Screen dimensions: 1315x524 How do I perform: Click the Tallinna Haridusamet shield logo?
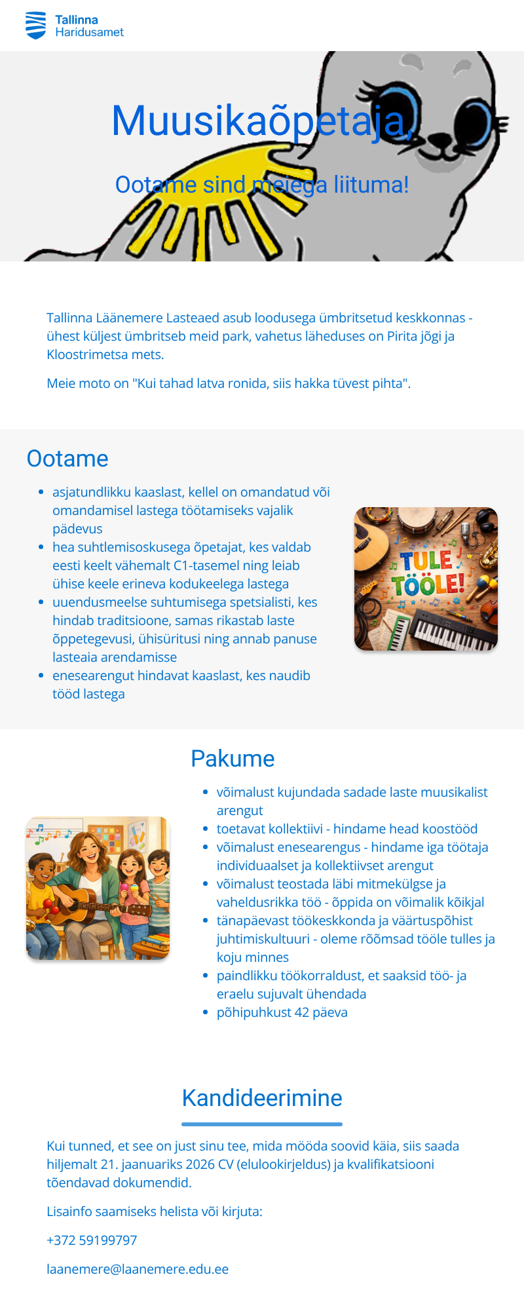tap(35, 25)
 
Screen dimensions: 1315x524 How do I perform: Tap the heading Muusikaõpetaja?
tap(262, 121)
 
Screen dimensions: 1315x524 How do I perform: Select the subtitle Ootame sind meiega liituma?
tap(262, 185)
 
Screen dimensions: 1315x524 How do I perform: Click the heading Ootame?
tap(67, 459)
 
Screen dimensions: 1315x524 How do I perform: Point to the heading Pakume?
tap(233, 759)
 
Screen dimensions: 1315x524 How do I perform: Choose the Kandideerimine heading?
tap(262, 1098)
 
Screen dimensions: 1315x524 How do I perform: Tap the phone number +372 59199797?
tap(92, 1240)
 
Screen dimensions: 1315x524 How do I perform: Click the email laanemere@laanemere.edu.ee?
tap(138, 1269)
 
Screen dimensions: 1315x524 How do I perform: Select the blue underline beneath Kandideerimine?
tap(262, 1124)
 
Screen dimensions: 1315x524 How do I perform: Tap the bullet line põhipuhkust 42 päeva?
tap(282, 1012)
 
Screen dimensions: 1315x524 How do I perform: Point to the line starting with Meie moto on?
tap(229, 383)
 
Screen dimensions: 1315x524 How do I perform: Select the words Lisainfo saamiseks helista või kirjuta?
tap(154, 1211)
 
